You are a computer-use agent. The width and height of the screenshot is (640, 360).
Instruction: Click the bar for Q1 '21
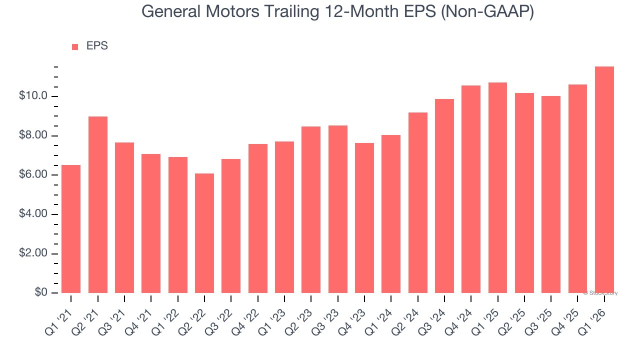pyautogui.click(x=71, y=229)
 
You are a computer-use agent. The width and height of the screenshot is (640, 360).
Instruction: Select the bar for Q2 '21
pyautogui.click(x=98, y=204)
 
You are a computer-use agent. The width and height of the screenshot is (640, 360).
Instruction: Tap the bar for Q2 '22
pyautogui.click(x=204, y=233)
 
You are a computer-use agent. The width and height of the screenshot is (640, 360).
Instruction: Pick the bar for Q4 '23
pyautogui.click(x=364, y=218)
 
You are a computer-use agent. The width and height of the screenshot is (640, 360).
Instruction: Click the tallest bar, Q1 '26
pyautogui.click(x=604, y=179)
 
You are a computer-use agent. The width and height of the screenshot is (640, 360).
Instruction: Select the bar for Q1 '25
pyautogui.click(x=497, y=187)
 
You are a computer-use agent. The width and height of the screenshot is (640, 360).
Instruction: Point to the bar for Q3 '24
pyautogui.click(x=444, y=196)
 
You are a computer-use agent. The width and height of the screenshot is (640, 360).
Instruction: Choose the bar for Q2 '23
pyautogui.click(x=311, y=209)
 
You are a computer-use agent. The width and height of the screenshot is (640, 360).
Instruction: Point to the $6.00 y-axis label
pyautogui.click(x=33, y=175)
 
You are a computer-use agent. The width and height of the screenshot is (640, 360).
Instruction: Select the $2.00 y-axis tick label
pyautogui.click(x=33, y=253)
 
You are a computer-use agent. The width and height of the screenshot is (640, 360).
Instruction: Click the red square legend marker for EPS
pyautogui.click(x=75, y=47)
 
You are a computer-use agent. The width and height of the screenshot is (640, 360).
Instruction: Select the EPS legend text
pyautogui.click(x=97, y=46)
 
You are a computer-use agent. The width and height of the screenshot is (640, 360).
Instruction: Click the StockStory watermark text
pyautogui.click(x=600, y=293)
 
